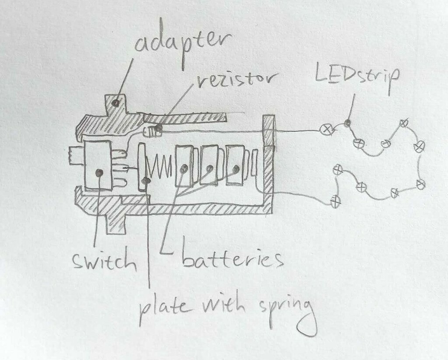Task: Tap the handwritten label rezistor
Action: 237,80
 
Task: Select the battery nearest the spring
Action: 184,167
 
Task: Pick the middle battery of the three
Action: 209,167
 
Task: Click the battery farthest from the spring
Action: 235,166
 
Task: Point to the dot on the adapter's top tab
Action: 115,103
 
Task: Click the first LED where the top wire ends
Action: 326,129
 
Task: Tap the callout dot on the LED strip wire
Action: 347,123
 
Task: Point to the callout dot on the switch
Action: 100,173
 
